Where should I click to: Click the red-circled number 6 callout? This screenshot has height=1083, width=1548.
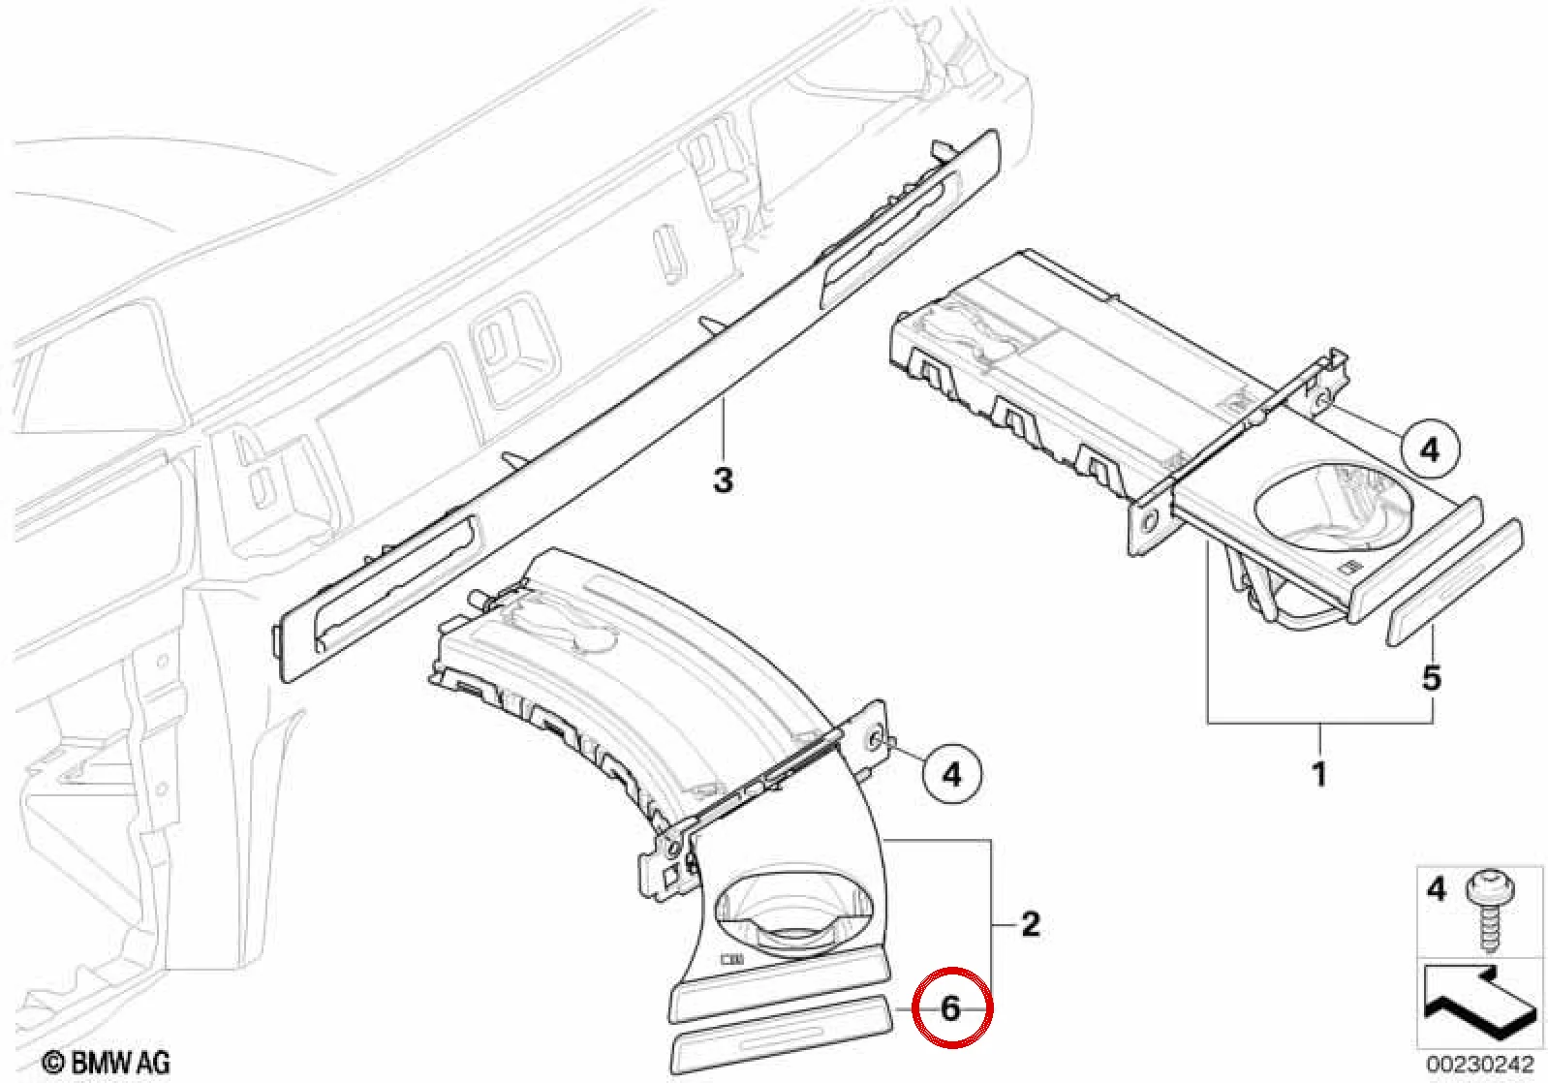point(951,1009)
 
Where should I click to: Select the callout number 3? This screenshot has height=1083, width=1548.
point(723,480)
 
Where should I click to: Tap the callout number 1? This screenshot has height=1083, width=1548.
point(1319,774)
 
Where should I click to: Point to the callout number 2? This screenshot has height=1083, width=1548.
point(1031,923)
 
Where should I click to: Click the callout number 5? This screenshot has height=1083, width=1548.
point(1431,678)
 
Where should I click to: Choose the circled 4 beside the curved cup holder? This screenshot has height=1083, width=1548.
point(951,775)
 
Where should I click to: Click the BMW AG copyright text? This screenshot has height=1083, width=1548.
point(108,1062)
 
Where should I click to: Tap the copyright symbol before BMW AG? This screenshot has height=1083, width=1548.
point(52,1063)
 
